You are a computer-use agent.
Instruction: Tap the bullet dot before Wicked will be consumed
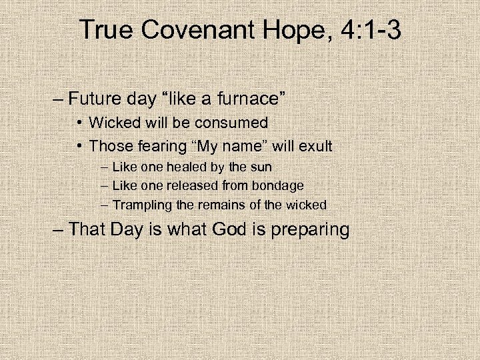(x=79, y=123)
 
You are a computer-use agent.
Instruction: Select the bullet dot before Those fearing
(x=79, y=146)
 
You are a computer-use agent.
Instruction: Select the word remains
(x=219, y=205)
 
